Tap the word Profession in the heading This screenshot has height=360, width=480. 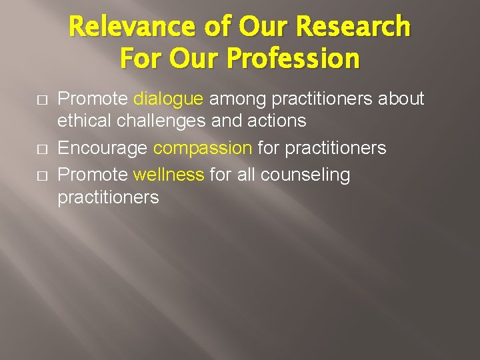pos(293,59)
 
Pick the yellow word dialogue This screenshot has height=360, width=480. pos(169,99)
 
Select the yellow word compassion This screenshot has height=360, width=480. pos(203,147)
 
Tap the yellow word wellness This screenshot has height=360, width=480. pos(169,175)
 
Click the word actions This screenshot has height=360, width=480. pos(275,121)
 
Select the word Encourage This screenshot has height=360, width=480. pos(103,147)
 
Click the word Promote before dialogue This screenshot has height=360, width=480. pos(93,99)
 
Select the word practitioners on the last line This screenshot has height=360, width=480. pos(108,197)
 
